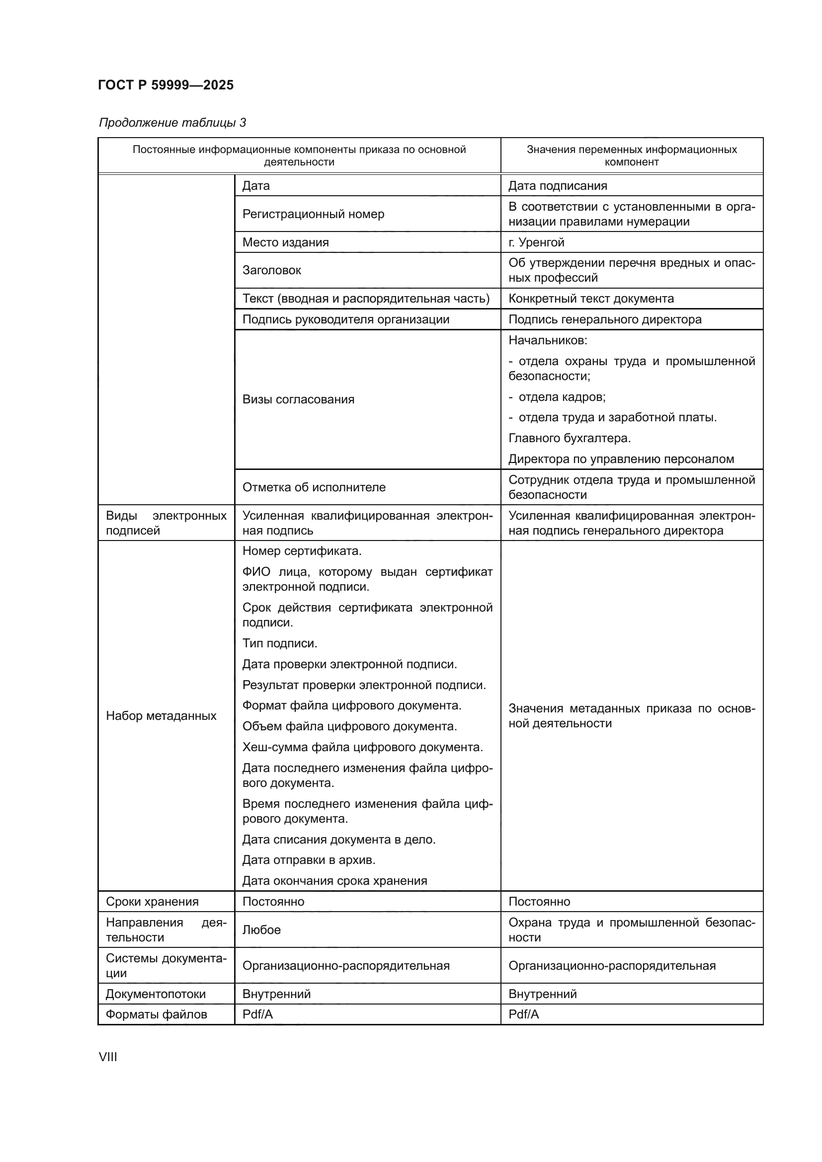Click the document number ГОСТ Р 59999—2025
coord(165,85)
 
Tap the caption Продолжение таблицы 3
coord(172,123)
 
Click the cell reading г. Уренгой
coord(536,242)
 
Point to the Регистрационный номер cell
coord(313,214)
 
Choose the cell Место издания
coord(285,242)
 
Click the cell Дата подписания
coord(557,186)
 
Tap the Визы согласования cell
coord(298,399)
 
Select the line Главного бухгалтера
coord(570,438)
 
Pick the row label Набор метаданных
coord(161,715)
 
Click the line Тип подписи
coord(279,643)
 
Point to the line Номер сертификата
coord(302,550)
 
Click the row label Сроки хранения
coord(152,901)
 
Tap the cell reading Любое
coord(261,930)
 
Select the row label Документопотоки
coord(156,994)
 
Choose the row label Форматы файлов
coord(156,1014)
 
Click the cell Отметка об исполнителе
coord(314,487)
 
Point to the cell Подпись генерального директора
coord(605,319)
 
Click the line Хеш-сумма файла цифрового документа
coord(362,747)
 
